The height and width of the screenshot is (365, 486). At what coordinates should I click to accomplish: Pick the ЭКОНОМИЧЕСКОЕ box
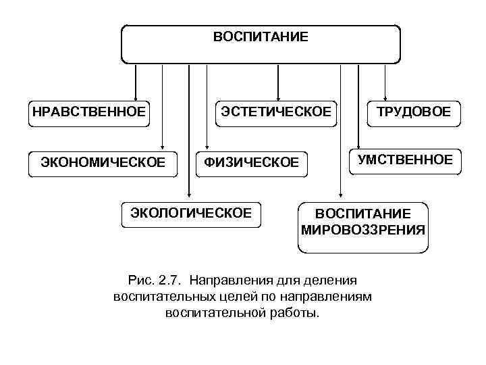103,162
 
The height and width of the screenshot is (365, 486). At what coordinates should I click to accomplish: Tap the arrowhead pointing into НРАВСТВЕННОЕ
136,95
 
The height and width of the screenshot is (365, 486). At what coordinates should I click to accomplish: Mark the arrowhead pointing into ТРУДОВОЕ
385,95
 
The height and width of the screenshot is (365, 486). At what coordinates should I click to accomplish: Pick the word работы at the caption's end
301,314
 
